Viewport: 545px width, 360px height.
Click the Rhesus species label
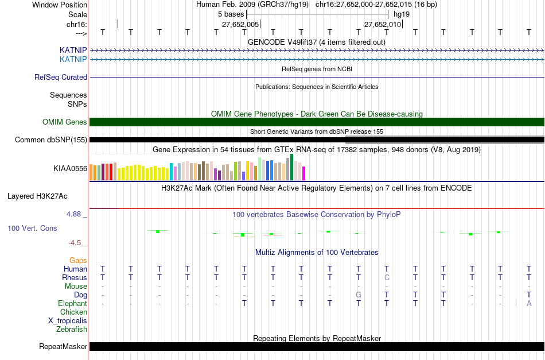(x=75, y=278)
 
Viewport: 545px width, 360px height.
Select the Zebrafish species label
(x=72, y=330)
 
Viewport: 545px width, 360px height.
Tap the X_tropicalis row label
(x=68, y=321)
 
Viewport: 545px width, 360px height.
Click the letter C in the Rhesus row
(x=387, y=278)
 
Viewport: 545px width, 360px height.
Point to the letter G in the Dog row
(x=358, y=295)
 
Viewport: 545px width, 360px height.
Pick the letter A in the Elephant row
(x=529, y=304)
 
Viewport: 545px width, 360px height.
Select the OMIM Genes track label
(x=65, y=122)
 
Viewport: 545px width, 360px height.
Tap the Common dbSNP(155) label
(x=51, y=140)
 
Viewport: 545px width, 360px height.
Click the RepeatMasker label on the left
(x=63, y=347)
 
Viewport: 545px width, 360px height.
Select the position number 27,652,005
(x=240, y=25)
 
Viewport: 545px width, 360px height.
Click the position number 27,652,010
(x=383, y=25)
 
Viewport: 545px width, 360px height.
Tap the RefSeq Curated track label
(x=61, y=78)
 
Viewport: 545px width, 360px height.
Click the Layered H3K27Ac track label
(x=37, y=196)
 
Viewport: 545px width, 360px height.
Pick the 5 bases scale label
(x=231, y=14)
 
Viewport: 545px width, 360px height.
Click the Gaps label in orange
(x=78, y=261)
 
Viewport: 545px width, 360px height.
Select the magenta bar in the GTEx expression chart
(x=303, y=173)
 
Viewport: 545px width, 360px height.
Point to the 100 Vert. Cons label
(x=32, y=229)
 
